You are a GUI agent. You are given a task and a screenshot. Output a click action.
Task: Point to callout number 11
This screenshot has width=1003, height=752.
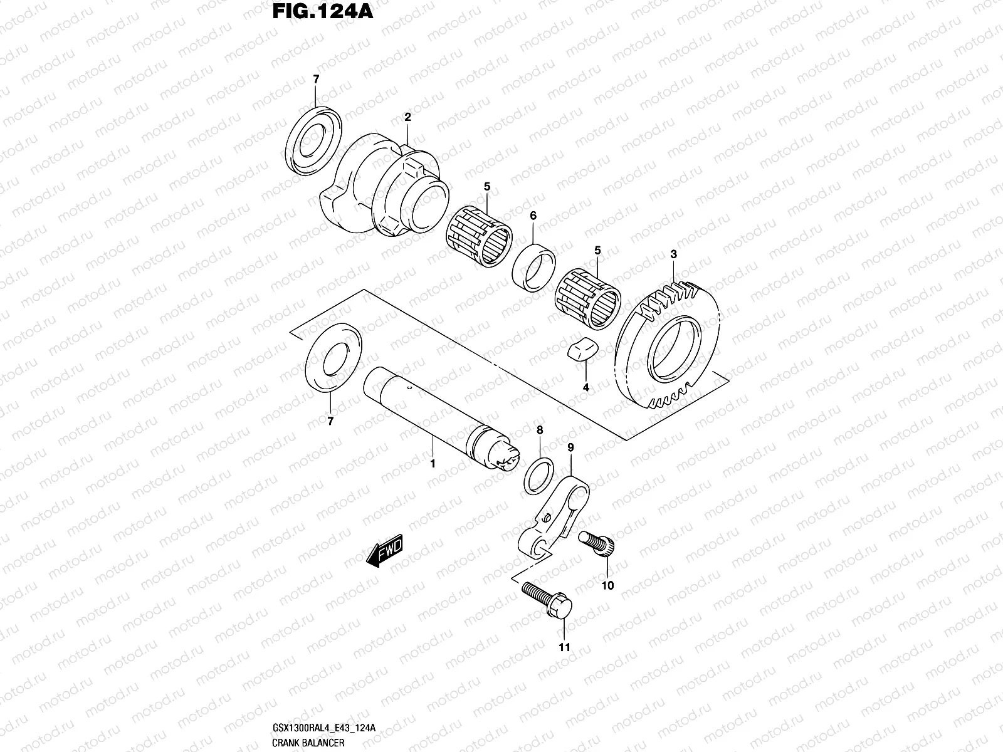coord(564,647)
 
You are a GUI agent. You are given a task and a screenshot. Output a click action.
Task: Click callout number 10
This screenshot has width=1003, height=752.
coord(607,586)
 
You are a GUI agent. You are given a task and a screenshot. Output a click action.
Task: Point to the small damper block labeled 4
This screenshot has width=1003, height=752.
coord(580,352)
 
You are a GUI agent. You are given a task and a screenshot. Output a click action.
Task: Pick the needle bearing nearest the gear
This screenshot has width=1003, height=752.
coord(589,300)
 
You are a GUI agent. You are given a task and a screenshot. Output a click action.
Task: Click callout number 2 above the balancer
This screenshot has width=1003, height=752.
coord(407,117)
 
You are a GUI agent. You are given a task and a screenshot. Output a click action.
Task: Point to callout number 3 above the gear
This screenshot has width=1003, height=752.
coord(673,254)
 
